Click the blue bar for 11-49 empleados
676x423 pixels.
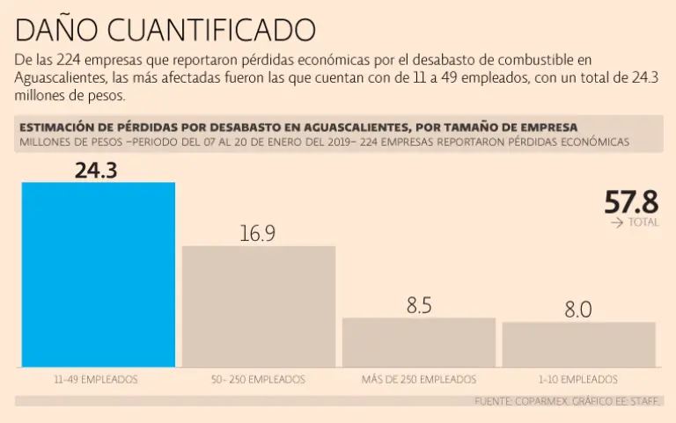pyautogui.click(x=99, y=274)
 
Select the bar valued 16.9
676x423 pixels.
pyautogui.click(x=259, y=306)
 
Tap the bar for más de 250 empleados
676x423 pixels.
pyautogui.click(x=419, y=342)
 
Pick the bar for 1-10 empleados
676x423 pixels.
pyautogui.click(x=579, y=344)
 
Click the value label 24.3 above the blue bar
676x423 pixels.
pyautogui.click(x=96, y=170)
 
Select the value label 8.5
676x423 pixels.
pyautogui.click(x=419, y=306)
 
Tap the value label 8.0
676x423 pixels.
pyautogui.click(x=578, y=310)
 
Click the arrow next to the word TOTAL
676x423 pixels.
pyautogui.click(x=617, y=223)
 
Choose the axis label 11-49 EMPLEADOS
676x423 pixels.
pyautogui.click(x=96, y=380)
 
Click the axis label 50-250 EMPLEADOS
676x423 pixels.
pyautogui.click(x=258, y=380)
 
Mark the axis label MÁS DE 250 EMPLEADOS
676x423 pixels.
pyautogui.click(x=419, y=380)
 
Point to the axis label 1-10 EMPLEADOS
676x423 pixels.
pyautogui.click(x=578, y=380)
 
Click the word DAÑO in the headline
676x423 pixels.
pyautogui.click(x=55, y=30)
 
